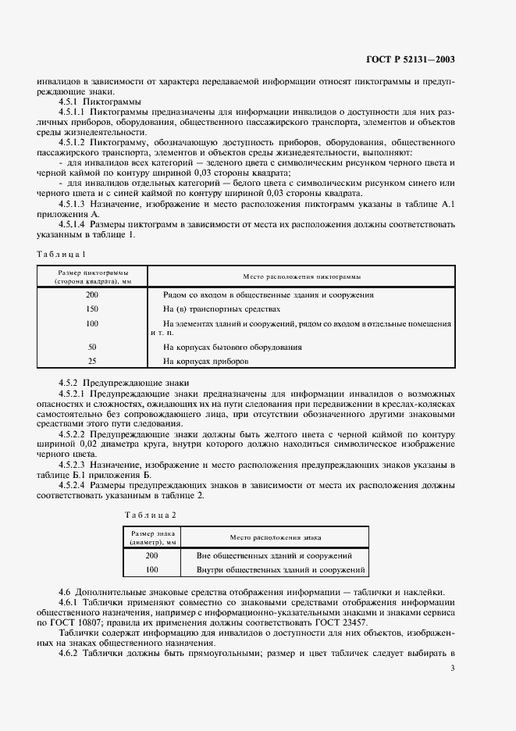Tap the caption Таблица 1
[62, 253]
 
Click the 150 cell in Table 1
[92, 308]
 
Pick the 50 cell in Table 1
[92, 347]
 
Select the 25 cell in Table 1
[92, 362]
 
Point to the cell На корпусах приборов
[206, 362]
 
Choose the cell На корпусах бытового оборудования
[233, 347]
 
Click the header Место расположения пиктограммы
[301, 276]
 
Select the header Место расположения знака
[276, 538]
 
